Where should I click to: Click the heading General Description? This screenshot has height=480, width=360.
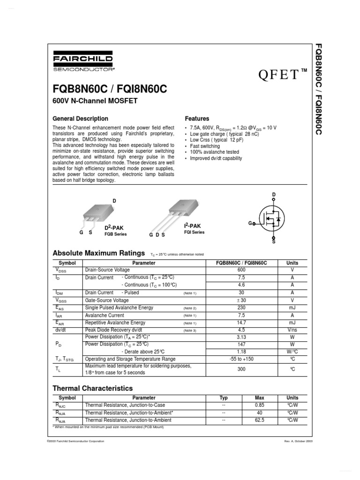80,119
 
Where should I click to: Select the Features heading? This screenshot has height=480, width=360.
197,119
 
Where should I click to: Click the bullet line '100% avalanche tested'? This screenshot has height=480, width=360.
214,152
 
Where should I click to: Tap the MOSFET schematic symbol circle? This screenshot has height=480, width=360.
272,219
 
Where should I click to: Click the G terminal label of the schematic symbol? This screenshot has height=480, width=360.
250,224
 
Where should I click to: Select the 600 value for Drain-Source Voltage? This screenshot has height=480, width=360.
241,270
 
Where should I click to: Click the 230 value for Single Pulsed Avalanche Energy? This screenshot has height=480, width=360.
241,308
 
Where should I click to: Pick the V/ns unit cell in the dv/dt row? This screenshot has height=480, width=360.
292,330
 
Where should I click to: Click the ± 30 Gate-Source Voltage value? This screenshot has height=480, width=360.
241,300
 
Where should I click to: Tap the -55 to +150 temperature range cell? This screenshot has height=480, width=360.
241,359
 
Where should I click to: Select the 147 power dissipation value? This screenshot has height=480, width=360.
241,344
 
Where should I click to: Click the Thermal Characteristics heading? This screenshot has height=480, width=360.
92,388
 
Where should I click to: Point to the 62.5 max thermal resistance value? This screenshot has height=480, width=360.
260,420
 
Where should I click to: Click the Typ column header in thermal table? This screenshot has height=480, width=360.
224,397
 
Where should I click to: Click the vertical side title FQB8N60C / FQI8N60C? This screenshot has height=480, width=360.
318,89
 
